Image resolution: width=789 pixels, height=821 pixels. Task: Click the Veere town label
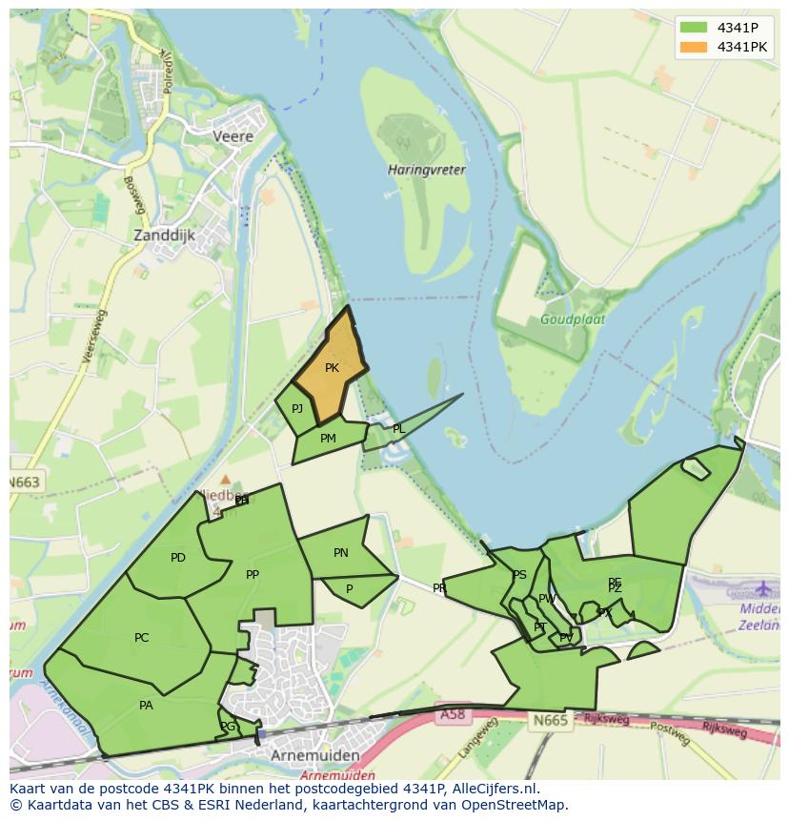pos(233,136)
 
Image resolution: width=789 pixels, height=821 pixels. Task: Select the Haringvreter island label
pos(426,170)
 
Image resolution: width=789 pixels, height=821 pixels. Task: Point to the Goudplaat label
pos(573,319)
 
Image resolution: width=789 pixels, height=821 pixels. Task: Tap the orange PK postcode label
pos(332,368)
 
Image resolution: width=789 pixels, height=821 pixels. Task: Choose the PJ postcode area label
pos(297,408)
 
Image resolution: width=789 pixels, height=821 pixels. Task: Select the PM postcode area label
pos(328,439)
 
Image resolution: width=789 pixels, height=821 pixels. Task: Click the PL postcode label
pos(398,429)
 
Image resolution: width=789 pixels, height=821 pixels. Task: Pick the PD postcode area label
pos(178,558)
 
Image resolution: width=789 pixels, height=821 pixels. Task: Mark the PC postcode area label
pos(142,638)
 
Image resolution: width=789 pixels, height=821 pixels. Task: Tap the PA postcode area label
pos(146,706)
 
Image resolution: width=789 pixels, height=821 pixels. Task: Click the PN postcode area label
pos(341,553)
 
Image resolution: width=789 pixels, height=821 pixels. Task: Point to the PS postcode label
pos(519,575)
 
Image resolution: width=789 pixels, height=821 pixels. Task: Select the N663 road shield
pos(25,482)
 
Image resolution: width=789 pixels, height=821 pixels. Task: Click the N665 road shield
pos(550,720)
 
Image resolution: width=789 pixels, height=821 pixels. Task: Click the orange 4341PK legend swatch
pos(694,47)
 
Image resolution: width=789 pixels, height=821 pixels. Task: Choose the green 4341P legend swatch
pos(694,27)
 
